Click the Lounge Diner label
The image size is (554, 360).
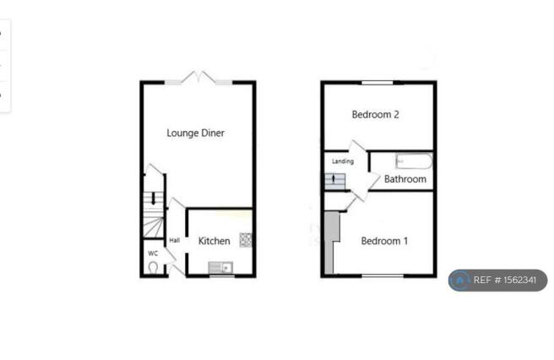195,133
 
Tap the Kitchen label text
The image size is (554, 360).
215,241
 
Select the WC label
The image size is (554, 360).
153,254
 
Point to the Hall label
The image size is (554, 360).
175,241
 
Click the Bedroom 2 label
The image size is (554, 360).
375,114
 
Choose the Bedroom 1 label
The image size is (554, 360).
384,241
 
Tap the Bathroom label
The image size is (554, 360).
405,179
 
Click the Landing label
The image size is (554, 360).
343,161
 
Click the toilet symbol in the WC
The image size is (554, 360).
153,267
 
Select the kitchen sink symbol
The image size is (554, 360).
220,267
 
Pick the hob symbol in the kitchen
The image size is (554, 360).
246,240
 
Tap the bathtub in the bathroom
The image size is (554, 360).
414,161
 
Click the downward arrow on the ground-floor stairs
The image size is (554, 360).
154,199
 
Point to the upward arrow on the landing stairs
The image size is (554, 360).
334,179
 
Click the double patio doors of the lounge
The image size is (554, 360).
199,78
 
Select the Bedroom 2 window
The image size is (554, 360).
377,83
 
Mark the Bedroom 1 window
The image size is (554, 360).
383,275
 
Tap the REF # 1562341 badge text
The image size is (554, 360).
505,280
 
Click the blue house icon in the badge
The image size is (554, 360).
459,281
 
